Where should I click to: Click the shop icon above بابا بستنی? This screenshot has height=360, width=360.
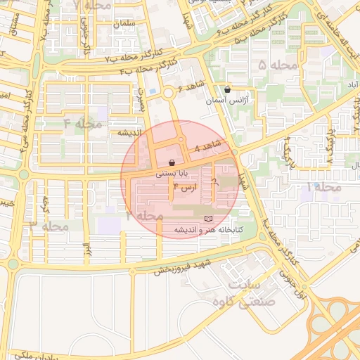point(172,162)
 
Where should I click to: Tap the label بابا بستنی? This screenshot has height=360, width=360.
point(172,173)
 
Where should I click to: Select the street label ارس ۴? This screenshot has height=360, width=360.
point(184,188)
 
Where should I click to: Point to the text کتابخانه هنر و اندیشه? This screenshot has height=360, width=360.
point(207,230)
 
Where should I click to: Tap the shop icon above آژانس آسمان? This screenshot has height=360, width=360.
point(227,90)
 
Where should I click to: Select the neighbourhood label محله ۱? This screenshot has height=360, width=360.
point(323,187)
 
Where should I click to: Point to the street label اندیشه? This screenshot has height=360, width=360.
point(131,132)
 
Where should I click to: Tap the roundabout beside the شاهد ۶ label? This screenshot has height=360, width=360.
point(169,93)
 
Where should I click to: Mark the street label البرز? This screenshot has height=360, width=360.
point(86,250)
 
